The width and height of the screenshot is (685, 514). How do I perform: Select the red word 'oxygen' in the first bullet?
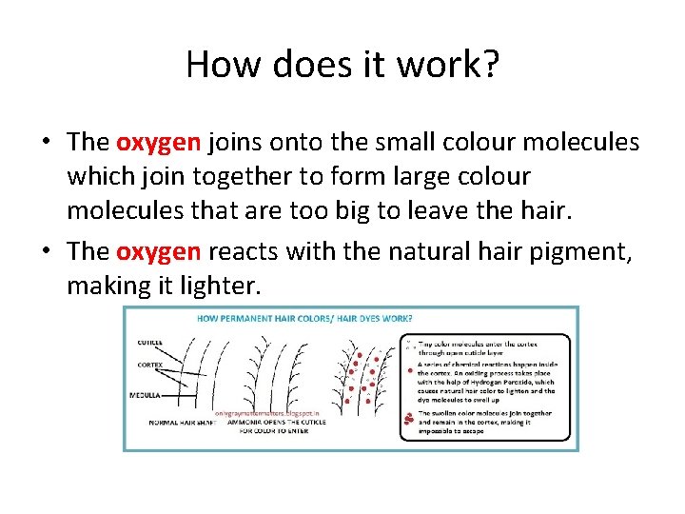point(158,143)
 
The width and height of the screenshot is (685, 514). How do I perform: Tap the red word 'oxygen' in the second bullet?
point(158,251)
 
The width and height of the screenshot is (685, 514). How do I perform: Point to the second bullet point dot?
point(46,252)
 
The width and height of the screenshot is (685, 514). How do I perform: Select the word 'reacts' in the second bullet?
point(242,251)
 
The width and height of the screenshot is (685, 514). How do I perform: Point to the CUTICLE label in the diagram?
point(149,343)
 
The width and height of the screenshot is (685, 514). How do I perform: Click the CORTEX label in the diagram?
point(149,365)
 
